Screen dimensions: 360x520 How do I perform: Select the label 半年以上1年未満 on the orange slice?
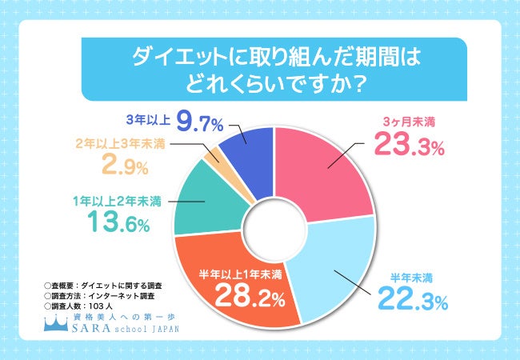click(240, 276)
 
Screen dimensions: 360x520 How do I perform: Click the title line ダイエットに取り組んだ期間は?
click(261, 60)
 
